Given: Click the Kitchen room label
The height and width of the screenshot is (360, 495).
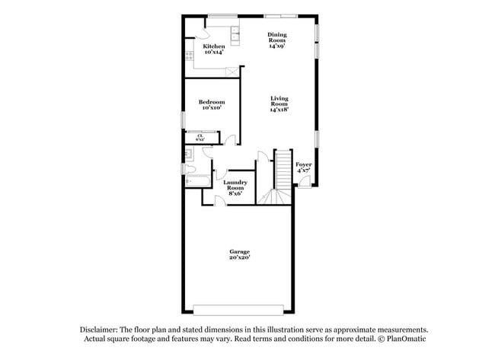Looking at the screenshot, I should [x=213, y=46].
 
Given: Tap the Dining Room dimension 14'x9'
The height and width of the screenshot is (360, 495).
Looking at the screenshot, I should [x=276, y=46].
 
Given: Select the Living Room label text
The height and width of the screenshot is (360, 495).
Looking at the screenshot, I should [x=279, y=100].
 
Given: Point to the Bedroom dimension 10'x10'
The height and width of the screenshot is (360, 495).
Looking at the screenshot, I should [x=211, y=108].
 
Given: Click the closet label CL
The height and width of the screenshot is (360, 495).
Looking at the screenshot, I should [x=200, y=135].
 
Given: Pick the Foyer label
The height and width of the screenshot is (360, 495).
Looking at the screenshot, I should [x=303, y=164].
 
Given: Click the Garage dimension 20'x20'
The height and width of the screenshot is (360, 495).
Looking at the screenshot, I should [x=240, y=257].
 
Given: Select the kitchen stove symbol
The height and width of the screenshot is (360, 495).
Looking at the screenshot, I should [x=189, y=56].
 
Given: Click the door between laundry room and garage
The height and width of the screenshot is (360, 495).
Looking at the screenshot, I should [x=219, y=201].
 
